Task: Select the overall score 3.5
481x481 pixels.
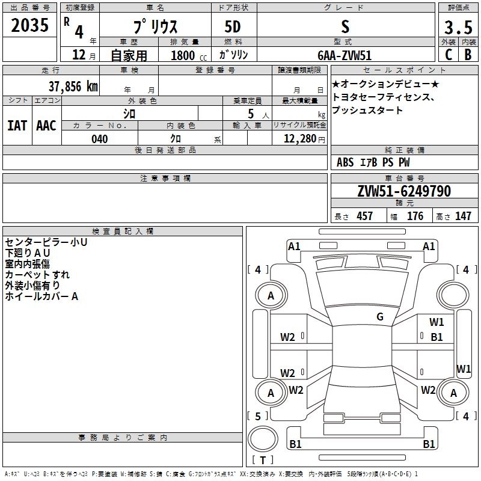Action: pos(458,27)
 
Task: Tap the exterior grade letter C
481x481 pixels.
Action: pos(448,54)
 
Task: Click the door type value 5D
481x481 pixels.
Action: pos(233,28)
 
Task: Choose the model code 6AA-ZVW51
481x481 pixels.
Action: pos(345,54)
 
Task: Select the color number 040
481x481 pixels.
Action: pos(100,139)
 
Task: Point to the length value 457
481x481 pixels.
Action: pos(365,216)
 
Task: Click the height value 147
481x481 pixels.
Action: pos(463,216)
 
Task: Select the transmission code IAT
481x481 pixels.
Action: pos(17,125)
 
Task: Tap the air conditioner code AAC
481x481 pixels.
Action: pos(46,125)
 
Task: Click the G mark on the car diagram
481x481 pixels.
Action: pos(379,317)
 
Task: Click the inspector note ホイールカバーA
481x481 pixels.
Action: pos(41,296)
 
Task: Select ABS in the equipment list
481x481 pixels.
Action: pos(345,162)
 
